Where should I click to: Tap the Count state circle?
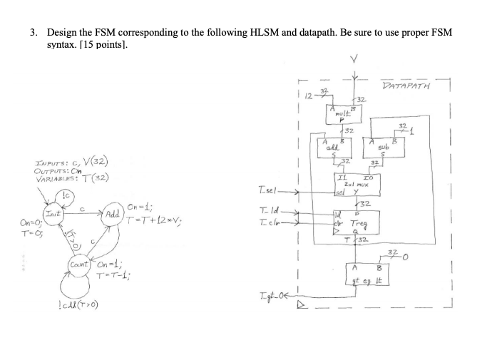click(80, 265)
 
